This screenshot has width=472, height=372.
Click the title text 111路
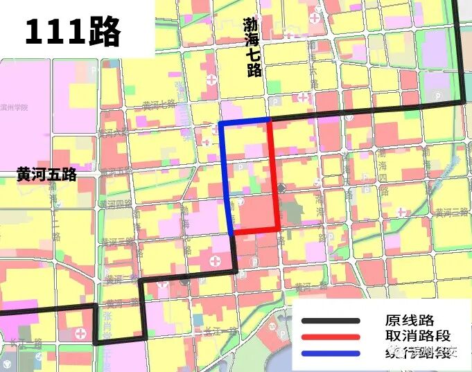73,32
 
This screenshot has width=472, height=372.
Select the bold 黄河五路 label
46,175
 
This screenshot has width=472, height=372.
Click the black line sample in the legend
331,321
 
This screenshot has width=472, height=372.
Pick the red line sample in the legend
331,337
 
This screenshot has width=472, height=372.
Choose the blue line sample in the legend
331,353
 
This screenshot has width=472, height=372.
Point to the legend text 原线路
410,320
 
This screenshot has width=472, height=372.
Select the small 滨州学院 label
15,107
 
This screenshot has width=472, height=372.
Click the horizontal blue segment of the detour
244,123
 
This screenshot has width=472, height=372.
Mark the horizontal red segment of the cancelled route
255,231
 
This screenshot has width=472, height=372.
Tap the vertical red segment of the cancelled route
274,176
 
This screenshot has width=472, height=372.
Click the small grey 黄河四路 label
115,204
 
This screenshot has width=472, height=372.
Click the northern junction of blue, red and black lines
269,121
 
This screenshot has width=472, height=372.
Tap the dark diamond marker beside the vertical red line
281,188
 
